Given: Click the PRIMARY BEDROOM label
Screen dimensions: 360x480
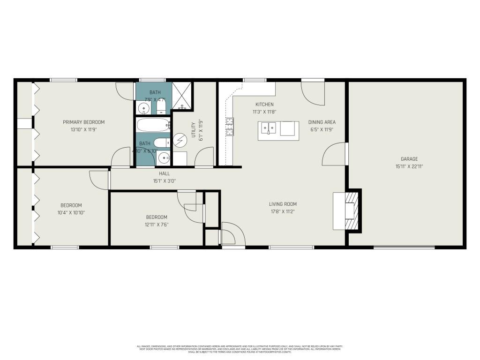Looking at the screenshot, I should (83, 122).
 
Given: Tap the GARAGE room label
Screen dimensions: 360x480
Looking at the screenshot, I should (409, 159).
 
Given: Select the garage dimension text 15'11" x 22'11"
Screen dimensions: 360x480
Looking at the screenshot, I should (409, 166).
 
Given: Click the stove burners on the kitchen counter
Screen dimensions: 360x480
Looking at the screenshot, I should (230, 127).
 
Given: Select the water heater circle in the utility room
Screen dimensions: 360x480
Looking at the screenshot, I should (180, 140).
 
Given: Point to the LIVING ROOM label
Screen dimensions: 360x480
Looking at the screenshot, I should (283, 204).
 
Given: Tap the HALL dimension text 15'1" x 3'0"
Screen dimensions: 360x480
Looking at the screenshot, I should (164, 181).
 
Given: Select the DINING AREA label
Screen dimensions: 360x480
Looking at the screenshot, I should (322, 122).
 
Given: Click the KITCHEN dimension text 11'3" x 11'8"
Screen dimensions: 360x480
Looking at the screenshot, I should (264, 112).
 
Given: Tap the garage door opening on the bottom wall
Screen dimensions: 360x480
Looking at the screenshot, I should (404, 247).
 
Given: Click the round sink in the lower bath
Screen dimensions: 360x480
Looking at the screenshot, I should (164, 158).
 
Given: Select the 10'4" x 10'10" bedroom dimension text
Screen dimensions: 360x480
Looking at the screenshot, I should (71, 212).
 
